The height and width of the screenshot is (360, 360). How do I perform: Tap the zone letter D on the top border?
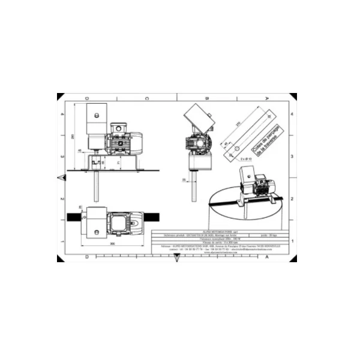88,98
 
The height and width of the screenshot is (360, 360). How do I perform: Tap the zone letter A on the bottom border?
266,256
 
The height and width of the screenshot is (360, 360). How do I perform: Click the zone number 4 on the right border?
292,113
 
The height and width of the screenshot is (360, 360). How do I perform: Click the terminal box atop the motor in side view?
118,127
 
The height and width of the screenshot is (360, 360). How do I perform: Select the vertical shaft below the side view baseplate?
95,185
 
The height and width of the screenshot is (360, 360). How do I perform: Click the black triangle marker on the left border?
61,177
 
